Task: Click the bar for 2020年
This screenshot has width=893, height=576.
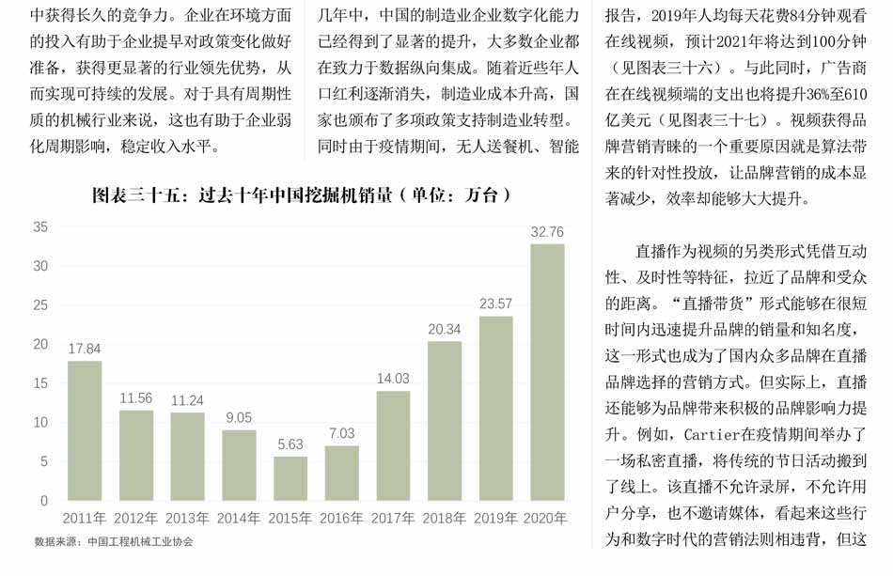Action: [547, 372]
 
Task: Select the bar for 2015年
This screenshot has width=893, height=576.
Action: [290, 478]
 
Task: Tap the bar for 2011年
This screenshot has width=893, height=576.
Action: [85, 430]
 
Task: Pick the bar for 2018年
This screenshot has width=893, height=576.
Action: [445, 420]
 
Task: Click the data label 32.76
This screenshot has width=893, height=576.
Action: [547, 232]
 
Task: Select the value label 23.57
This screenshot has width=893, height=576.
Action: [496, 304]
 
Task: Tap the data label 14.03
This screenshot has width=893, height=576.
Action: [393, 379]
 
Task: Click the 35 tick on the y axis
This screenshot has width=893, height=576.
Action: [40, 227]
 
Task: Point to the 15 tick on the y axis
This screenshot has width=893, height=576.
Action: [40, 383]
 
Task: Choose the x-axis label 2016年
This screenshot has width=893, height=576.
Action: [341, 518]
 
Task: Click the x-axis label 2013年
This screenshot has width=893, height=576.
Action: [187, 518]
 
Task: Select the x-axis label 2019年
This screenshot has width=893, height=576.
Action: [495, 518]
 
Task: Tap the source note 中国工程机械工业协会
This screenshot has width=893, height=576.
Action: [140, 541]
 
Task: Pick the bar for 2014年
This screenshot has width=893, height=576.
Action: [239, 465]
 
